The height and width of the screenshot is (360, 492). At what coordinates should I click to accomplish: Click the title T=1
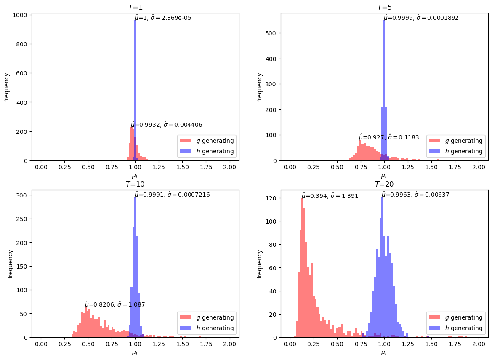point(135,8)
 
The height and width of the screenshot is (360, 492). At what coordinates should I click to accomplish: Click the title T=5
point(384,8)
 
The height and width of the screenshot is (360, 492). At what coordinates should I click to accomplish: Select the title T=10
point(135,184)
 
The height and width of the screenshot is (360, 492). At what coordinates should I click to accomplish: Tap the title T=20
point(384,184)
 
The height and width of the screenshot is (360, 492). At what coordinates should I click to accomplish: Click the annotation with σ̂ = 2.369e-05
point(163,18)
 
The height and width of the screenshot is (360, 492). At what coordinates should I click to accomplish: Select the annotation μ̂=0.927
point(388,137)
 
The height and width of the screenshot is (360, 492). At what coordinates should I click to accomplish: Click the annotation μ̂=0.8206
point(115,304)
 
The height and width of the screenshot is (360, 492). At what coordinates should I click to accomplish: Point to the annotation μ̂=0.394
point(330,195)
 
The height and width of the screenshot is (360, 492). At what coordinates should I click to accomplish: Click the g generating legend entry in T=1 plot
point(206,141)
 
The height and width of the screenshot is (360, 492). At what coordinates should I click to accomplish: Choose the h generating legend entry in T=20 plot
point(455,328)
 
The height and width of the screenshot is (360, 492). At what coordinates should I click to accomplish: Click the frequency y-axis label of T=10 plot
point(10,264)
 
